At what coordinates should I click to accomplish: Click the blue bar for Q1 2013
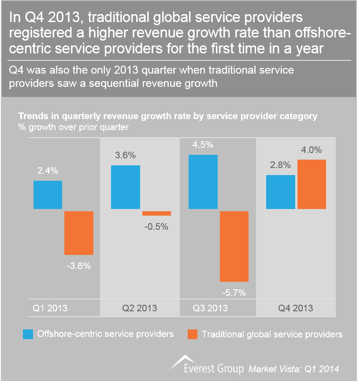click(48, 194)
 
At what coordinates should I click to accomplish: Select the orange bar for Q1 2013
click(78, 233)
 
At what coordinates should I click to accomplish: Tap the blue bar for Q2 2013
click(125, 187)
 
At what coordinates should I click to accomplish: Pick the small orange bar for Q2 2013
click(156, 213)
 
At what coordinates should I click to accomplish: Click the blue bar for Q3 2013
click(203, 182)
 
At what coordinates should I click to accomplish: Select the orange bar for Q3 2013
click(234, 246)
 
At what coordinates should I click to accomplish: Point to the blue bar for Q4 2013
click(280, 192)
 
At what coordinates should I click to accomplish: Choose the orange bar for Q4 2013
click(312, 184)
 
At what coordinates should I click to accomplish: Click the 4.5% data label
click(203, 145)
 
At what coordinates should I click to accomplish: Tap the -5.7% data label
click(234, 292)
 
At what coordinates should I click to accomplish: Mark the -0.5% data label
click(157, 227)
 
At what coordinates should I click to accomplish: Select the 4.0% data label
click(312, 150)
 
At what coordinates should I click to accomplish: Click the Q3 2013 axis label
click(210, 308)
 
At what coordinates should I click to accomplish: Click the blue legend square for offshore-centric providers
click(28, 334)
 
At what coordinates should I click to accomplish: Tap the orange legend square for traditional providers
click(192, 334)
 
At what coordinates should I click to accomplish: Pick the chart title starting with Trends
click(167, 116)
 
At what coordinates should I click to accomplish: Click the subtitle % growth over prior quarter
click(73, 127)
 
